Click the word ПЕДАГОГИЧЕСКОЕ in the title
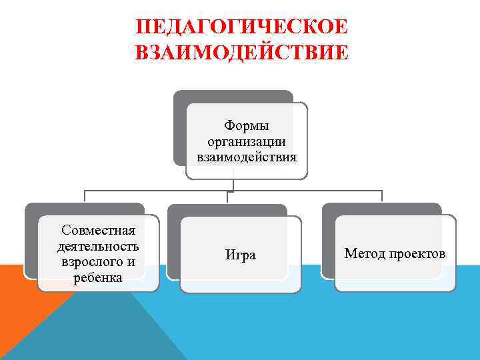241,28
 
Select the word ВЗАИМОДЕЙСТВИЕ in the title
241,53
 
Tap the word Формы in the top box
247,125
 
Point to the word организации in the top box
247,141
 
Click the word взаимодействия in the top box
247,157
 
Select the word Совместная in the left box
99,231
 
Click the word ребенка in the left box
99,277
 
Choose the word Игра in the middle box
241,255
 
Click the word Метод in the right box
364,253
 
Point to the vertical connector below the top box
233,185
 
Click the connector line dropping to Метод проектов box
381,196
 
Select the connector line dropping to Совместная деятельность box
85,196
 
